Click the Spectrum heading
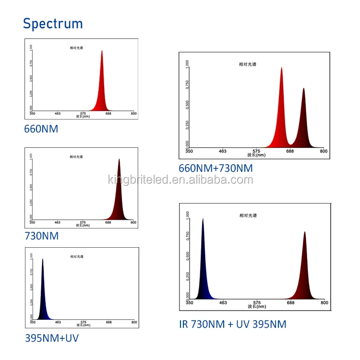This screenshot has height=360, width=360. pos(53,24)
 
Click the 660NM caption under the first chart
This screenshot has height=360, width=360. pos(41,129)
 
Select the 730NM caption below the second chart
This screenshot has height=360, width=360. pos(41,236)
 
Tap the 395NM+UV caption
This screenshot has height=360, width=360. pos(51,338)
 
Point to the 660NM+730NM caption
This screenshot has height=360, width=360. pos(216,168)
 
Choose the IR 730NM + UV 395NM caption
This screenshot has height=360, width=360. pos(232,324)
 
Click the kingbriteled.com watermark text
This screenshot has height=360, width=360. pos(180,180)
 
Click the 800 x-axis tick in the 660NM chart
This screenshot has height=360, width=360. pos(133,114)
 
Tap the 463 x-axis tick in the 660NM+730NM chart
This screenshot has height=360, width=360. pos(223,151)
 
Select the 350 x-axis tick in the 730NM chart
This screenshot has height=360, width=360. pos(32,222)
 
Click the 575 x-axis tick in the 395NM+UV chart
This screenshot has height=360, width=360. pos(84,323)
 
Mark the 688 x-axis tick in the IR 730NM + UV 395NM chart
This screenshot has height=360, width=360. pos(290,303)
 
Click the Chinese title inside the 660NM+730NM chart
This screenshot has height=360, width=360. pos(248,64)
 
